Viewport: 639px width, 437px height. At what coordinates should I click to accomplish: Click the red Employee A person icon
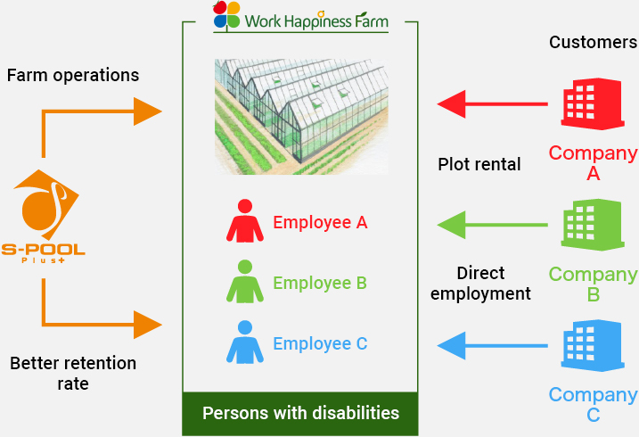245,221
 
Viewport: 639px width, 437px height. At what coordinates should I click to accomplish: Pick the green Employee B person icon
245,283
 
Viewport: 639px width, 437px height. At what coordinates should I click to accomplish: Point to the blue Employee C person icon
245,343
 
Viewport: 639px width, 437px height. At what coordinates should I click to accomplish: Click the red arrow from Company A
491,104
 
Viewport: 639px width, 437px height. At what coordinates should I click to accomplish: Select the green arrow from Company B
491,224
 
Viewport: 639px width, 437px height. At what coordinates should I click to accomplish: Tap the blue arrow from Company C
491,344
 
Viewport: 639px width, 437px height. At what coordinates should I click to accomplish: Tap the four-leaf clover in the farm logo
226,15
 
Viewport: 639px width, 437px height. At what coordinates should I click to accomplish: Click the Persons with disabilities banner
300,414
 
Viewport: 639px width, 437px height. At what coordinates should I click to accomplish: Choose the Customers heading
593,42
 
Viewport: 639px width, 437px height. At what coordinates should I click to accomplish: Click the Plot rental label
479,164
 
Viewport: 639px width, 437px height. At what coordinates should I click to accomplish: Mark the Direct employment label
480,283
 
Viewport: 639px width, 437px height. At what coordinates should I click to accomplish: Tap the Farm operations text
73,75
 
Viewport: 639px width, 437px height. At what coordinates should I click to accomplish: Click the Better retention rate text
73,374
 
